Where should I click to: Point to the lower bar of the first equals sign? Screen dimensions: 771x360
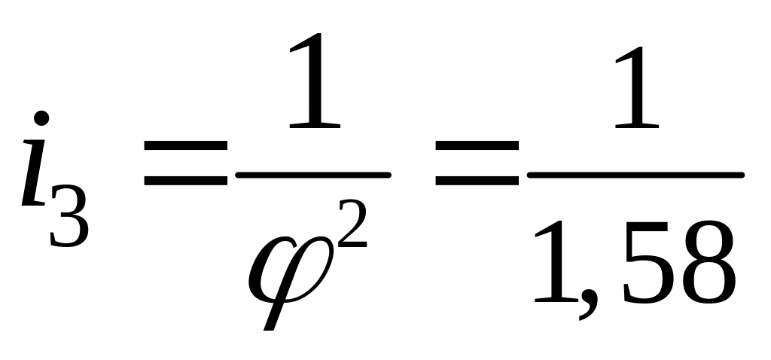point(186,181)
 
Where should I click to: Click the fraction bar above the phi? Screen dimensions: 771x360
point(312,175)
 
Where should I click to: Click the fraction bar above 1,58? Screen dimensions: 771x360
point(635,175)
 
